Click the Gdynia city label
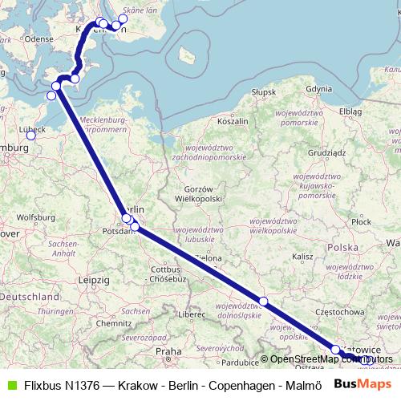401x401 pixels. pyautogui.click(x=318, y=89)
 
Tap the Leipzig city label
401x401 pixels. pyautogui.click(x=94, y=280)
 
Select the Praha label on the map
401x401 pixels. pyautogui.click(x=168, y=351)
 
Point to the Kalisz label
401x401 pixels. pyautogui.click(x=302, y=257)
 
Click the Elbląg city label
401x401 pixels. pyautogui.click(x=350, y=111)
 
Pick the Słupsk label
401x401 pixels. pyautogui.click(x=264, y=93)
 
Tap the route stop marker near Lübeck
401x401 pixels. pyautogui.click(x=31, y=135)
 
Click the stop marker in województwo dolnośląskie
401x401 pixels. pyautogui.click(x=263, y=301)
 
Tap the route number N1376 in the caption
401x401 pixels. pyautogui.click(x=79, y=385)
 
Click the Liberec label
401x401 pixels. pyautogui.click(x=193, y=314)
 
